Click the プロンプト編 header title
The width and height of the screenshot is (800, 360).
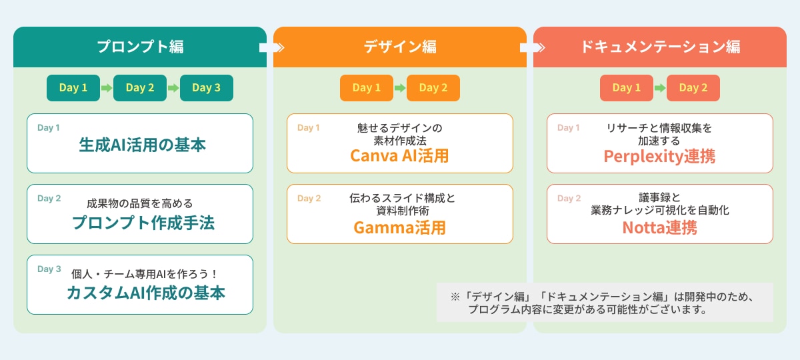click(x=140, y=47)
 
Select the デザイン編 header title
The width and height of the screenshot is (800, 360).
click(x=400, y=47)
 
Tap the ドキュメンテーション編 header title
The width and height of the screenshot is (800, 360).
click(x=660, y=47)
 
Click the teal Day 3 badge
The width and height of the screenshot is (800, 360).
click(x=207, y=88)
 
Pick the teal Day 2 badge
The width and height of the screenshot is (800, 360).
click(x=140, y=88)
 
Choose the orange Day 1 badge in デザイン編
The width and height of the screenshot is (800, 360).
click(x=367, y=88)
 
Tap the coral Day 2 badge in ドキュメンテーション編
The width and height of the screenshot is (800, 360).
click(x=693, y=88)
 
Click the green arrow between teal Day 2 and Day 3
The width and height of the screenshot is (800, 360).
click(x=173, y=88)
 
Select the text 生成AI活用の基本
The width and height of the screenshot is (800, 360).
click(x=143, y=145)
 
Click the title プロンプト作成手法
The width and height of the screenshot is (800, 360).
click(x=143, y=223)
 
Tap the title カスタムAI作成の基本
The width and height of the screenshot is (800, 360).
click(x=146, y=293)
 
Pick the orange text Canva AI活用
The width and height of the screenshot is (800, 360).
click(x=399, y=156)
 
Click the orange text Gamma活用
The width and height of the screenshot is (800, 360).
click(x=399, y=227)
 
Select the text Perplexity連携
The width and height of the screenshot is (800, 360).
click(x=659, y=156)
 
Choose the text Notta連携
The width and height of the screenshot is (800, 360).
click(x=659, y=227)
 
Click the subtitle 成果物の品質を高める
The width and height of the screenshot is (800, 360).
click(x=139, y=204)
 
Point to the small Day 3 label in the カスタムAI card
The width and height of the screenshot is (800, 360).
click(x=49, y=269)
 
